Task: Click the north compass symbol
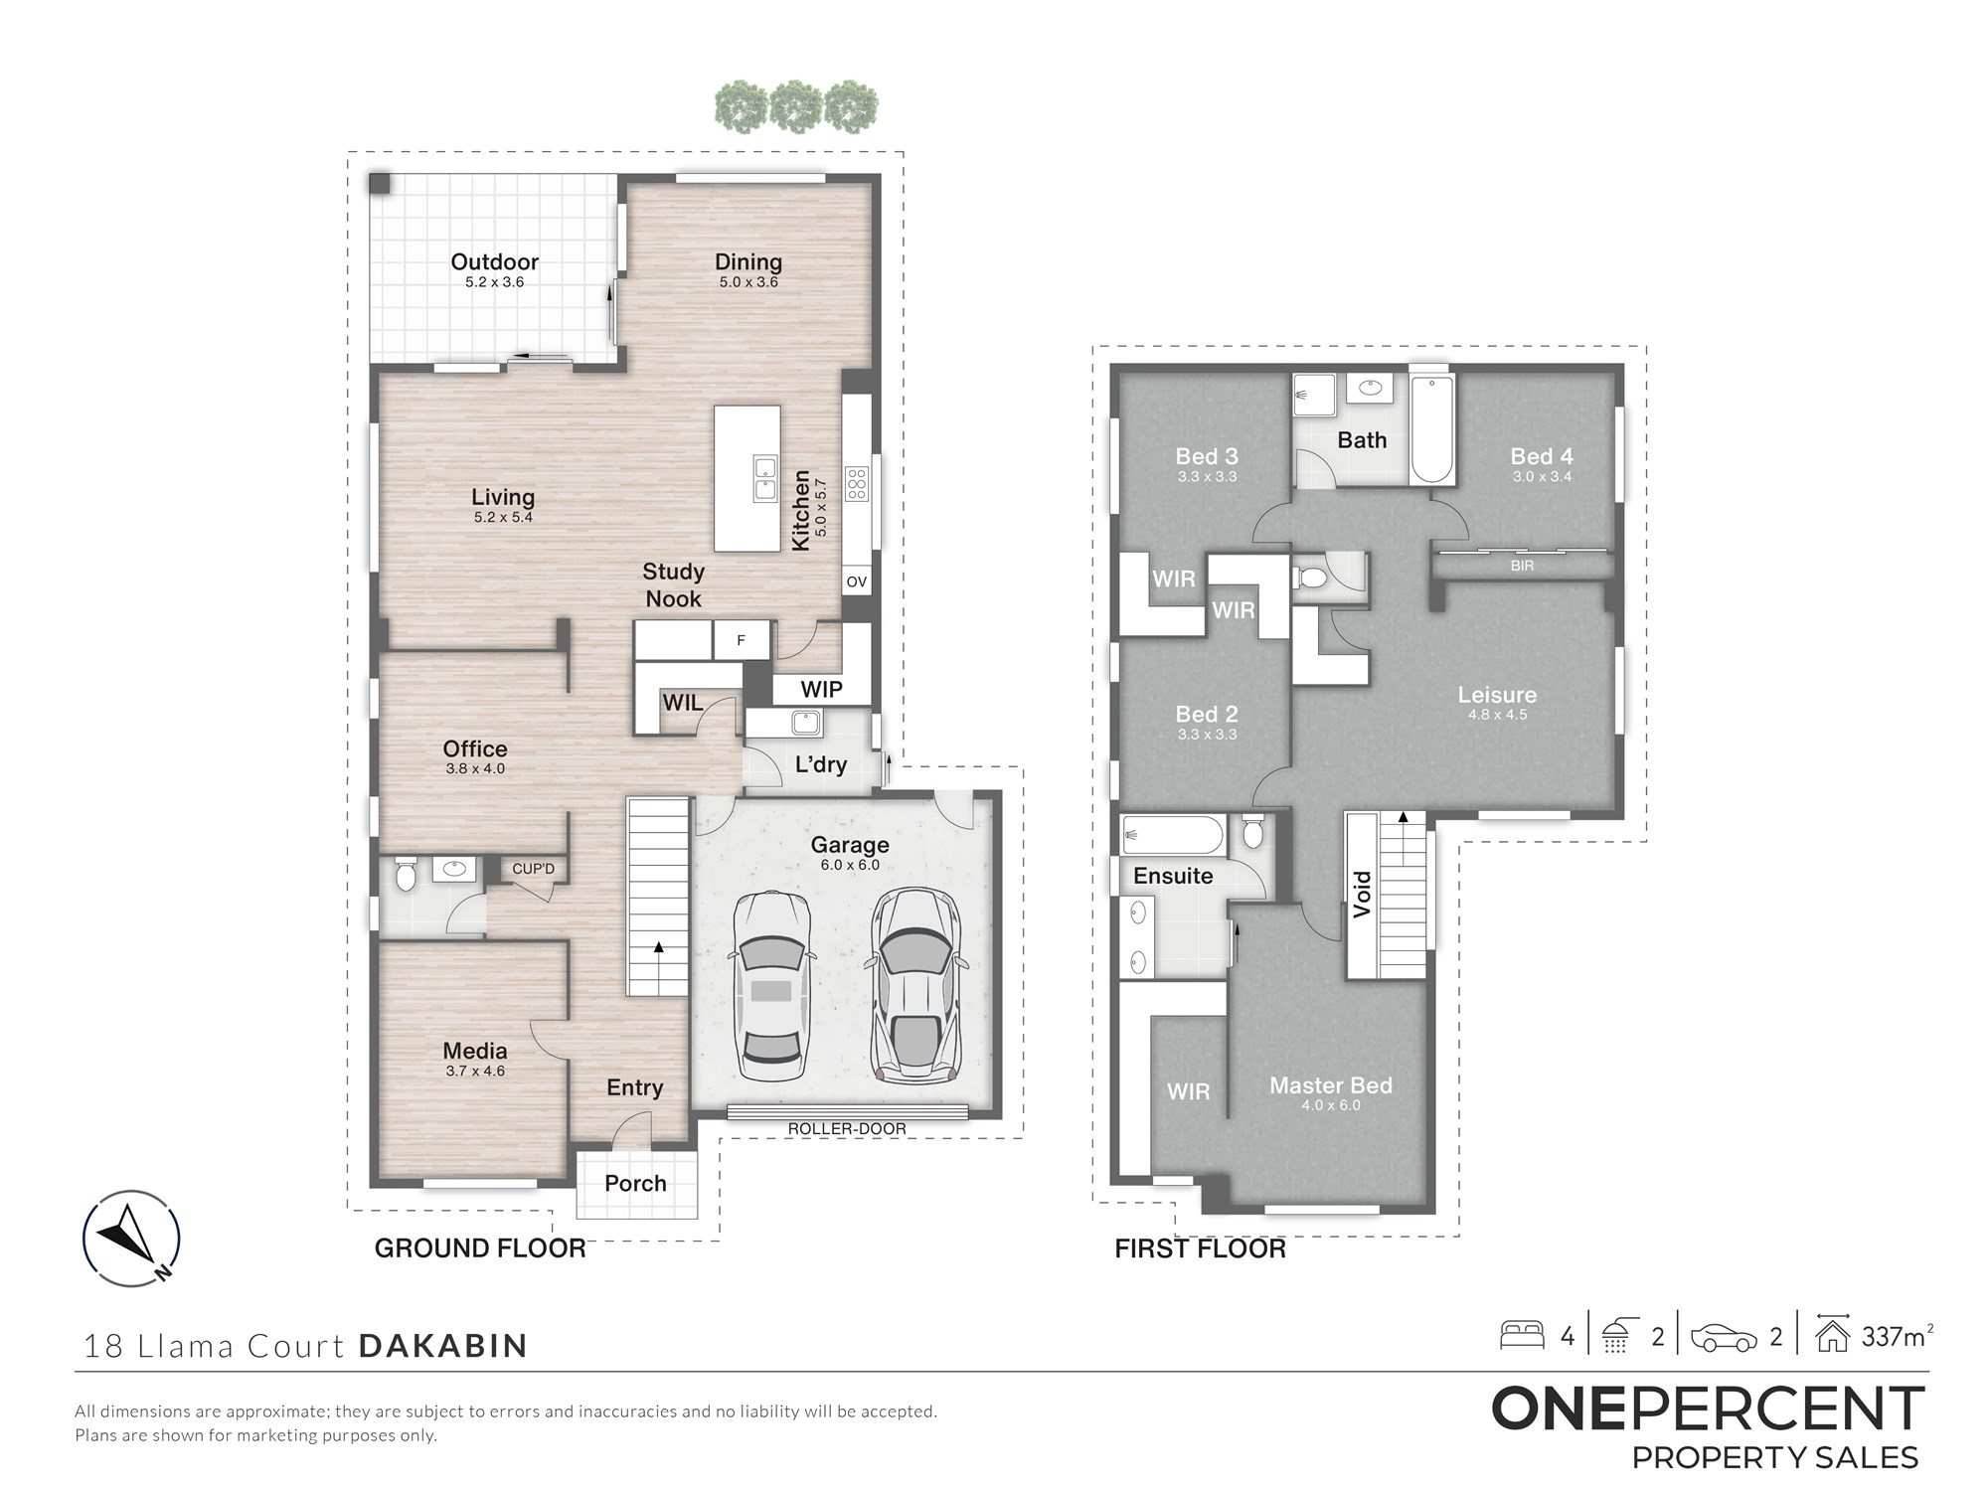pyautogui.click(x=131, y=1239)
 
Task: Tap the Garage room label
pyautogui.click(x=850, y=845)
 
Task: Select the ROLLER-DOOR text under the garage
pyautogui.click(x=847, y=1129)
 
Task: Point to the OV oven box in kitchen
pyautogui.click(x=856, y=581)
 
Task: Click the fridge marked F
pyautogui.click(x=741, y=641)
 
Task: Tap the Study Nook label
pyautogui.click(x=673, y=585)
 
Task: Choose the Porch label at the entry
pyautogui.click(x=635, y=1183)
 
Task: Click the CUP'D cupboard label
pyautogui.click(x=533, y=869)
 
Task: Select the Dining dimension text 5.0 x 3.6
pyautogui.click(x=748, y=282)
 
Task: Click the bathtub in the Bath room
pyautogui.click(x=1432, y=429)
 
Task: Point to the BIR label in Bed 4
pyautogui.click(x=1522, y=566)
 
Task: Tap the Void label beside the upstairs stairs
pyautogui.click(x=1362, y=894)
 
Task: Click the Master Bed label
pyautogui.click(x=1331, y=1085)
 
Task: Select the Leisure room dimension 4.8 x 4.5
pyautogui.click(x=1497, y=715)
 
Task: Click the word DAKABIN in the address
pyautogui.click(x=443, y=1346)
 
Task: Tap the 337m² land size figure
pyautogui.click(x=1897, y=1336)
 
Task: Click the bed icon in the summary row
pyautogui.click(x=1521, y=1335)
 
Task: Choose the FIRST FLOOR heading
pyautogui.click(x=1200, y=1248)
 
